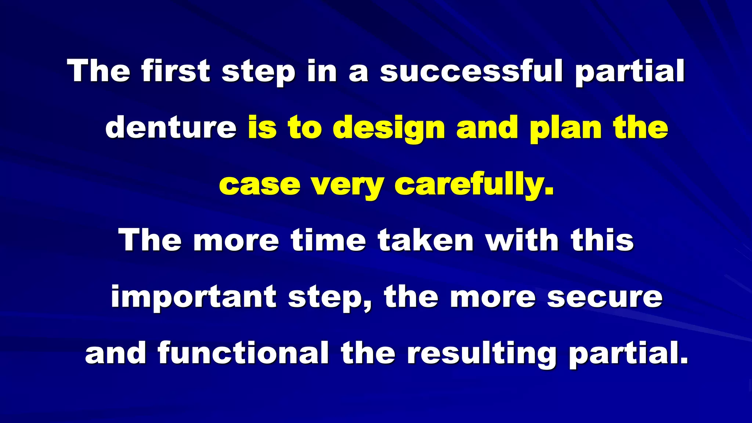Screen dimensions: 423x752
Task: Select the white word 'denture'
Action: pyautogui.click(x=171, y=127)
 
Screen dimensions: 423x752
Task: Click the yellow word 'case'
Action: pyautogui.click(x=260, y=184)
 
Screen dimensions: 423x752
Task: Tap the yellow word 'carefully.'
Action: pyautogui.click(x=474, y=185)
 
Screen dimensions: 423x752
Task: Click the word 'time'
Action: pyautogui.click(x=329, y=240)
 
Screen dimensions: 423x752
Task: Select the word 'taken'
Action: pyautogui.click(x=426, y=240)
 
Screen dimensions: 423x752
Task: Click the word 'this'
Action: pyautogui.click(x=602, y=240)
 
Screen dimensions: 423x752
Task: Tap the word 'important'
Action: pyautogui.click(x=194, y=297)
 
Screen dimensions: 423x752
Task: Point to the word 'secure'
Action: pyautogui.click(x=605, y=297)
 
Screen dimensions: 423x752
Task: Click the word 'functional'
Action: pyautogui.click(x=243, y=353)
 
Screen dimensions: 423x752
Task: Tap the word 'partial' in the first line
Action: pyautogui.click(x=630, y=71)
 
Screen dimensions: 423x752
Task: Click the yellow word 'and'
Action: pyautogui.click(x=487, y=127)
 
